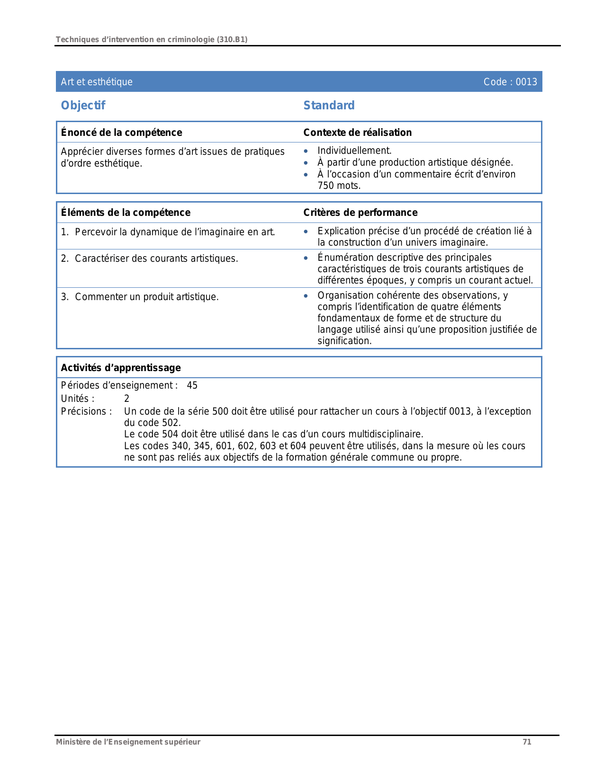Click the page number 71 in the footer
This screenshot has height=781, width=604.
point(527,742)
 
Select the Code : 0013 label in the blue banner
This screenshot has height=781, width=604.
point(510,82)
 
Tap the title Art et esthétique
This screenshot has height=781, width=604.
point(97,82)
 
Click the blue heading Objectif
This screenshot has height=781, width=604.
point(83,105)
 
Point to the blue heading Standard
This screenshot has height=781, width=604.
point(329,105)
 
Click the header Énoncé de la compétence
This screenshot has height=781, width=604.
point(121,133)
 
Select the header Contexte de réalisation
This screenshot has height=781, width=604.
point(357,133)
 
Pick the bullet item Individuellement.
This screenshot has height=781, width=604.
point(354,151)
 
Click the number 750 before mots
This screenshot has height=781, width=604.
point(325,186)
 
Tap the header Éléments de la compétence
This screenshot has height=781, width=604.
point(126,213)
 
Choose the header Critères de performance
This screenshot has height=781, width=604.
point(360,213)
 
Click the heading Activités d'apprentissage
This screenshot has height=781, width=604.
point(121,368)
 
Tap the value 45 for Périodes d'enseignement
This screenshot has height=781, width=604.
point(192,385)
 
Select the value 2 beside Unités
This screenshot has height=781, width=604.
point(126,399)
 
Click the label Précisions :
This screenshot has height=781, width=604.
point(86,411)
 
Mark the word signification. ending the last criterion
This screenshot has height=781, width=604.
point(344,341)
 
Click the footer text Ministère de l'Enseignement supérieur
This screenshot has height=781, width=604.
point(128,742)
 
